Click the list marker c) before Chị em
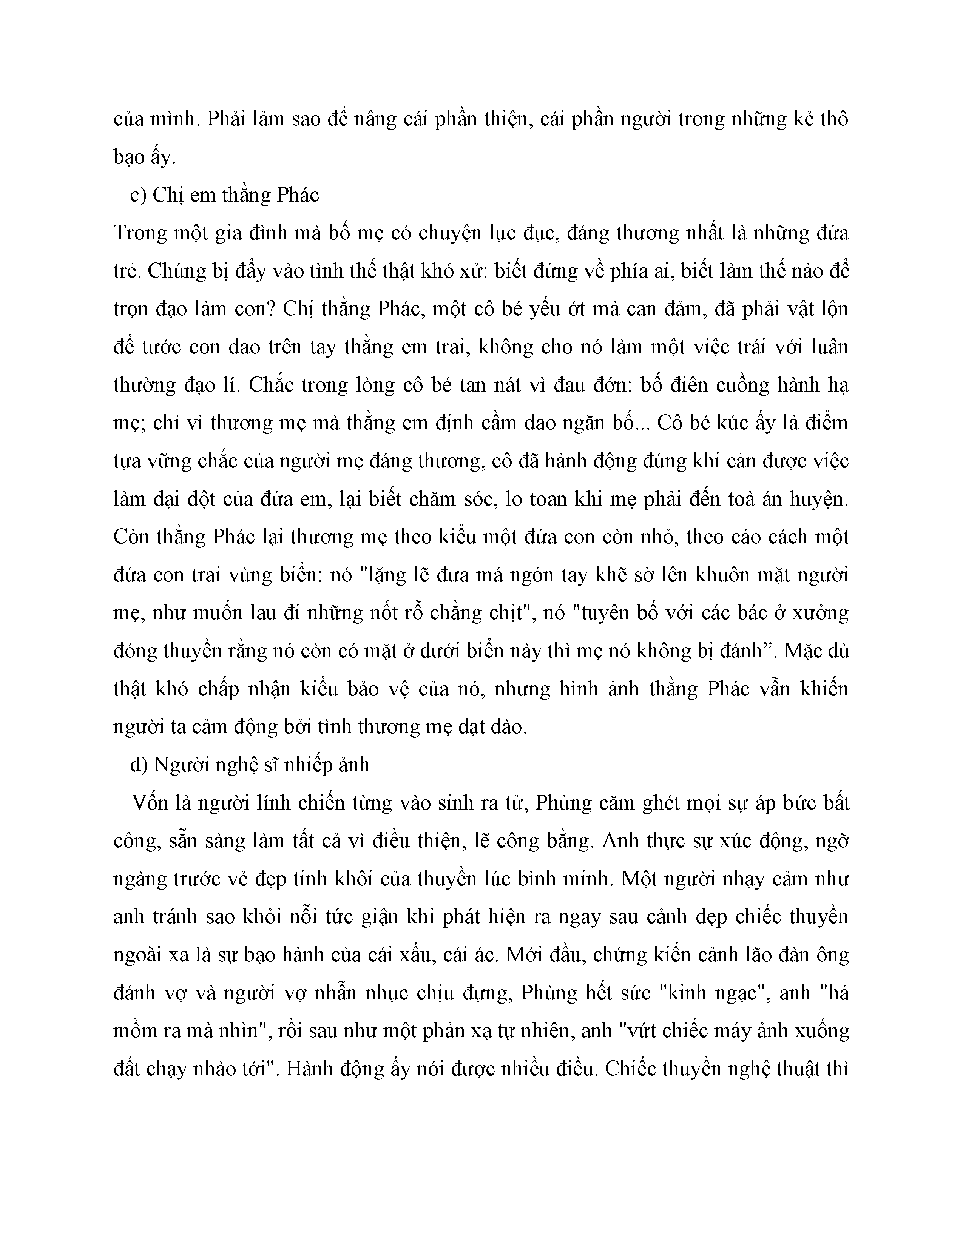[x=139, y=196]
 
